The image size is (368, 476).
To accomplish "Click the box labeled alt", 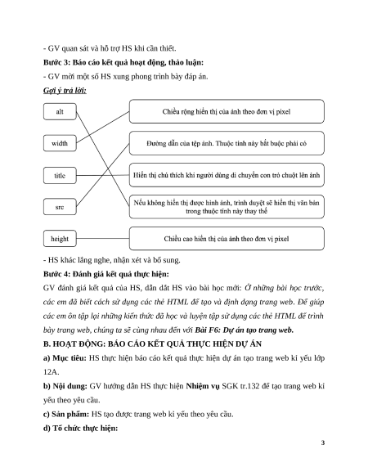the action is coord(60,112).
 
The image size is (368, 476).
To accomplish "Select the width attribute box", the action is coord(60,143).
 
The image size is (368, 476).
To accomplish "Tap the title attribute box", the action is coord(60,176).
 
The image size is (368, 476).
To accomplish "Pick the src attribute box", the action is coord(60,207).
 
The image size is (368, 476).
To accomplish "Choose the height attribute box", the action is coord(60,239).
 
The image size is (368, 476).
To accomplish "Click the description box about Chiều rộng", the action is coord(227,111).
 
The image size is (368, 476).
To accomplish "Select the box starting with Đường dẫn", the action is coord(227,143).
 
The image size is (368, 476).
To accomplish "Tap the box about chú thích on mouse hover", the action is coord(227,175).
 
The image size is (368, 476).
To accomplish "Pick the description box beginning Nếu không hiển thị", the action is coord(227,207).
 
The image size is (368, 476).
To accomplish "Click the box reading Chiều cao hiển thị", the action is coord(227,239).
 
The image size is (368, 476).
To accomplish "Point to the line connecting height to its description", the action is coord(103,239).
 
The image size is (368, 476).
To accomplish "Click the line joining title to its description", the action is coord(103,175).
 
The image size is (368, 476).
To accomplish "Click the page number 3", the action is coord(323,442).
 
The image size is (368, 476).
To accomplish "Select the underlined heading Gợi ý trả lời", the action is coord(65,91).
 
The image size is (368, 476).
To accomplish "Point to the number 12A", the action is coord(51,372).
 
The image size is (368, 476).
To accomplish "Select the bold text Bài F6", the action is coord(205,330).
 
